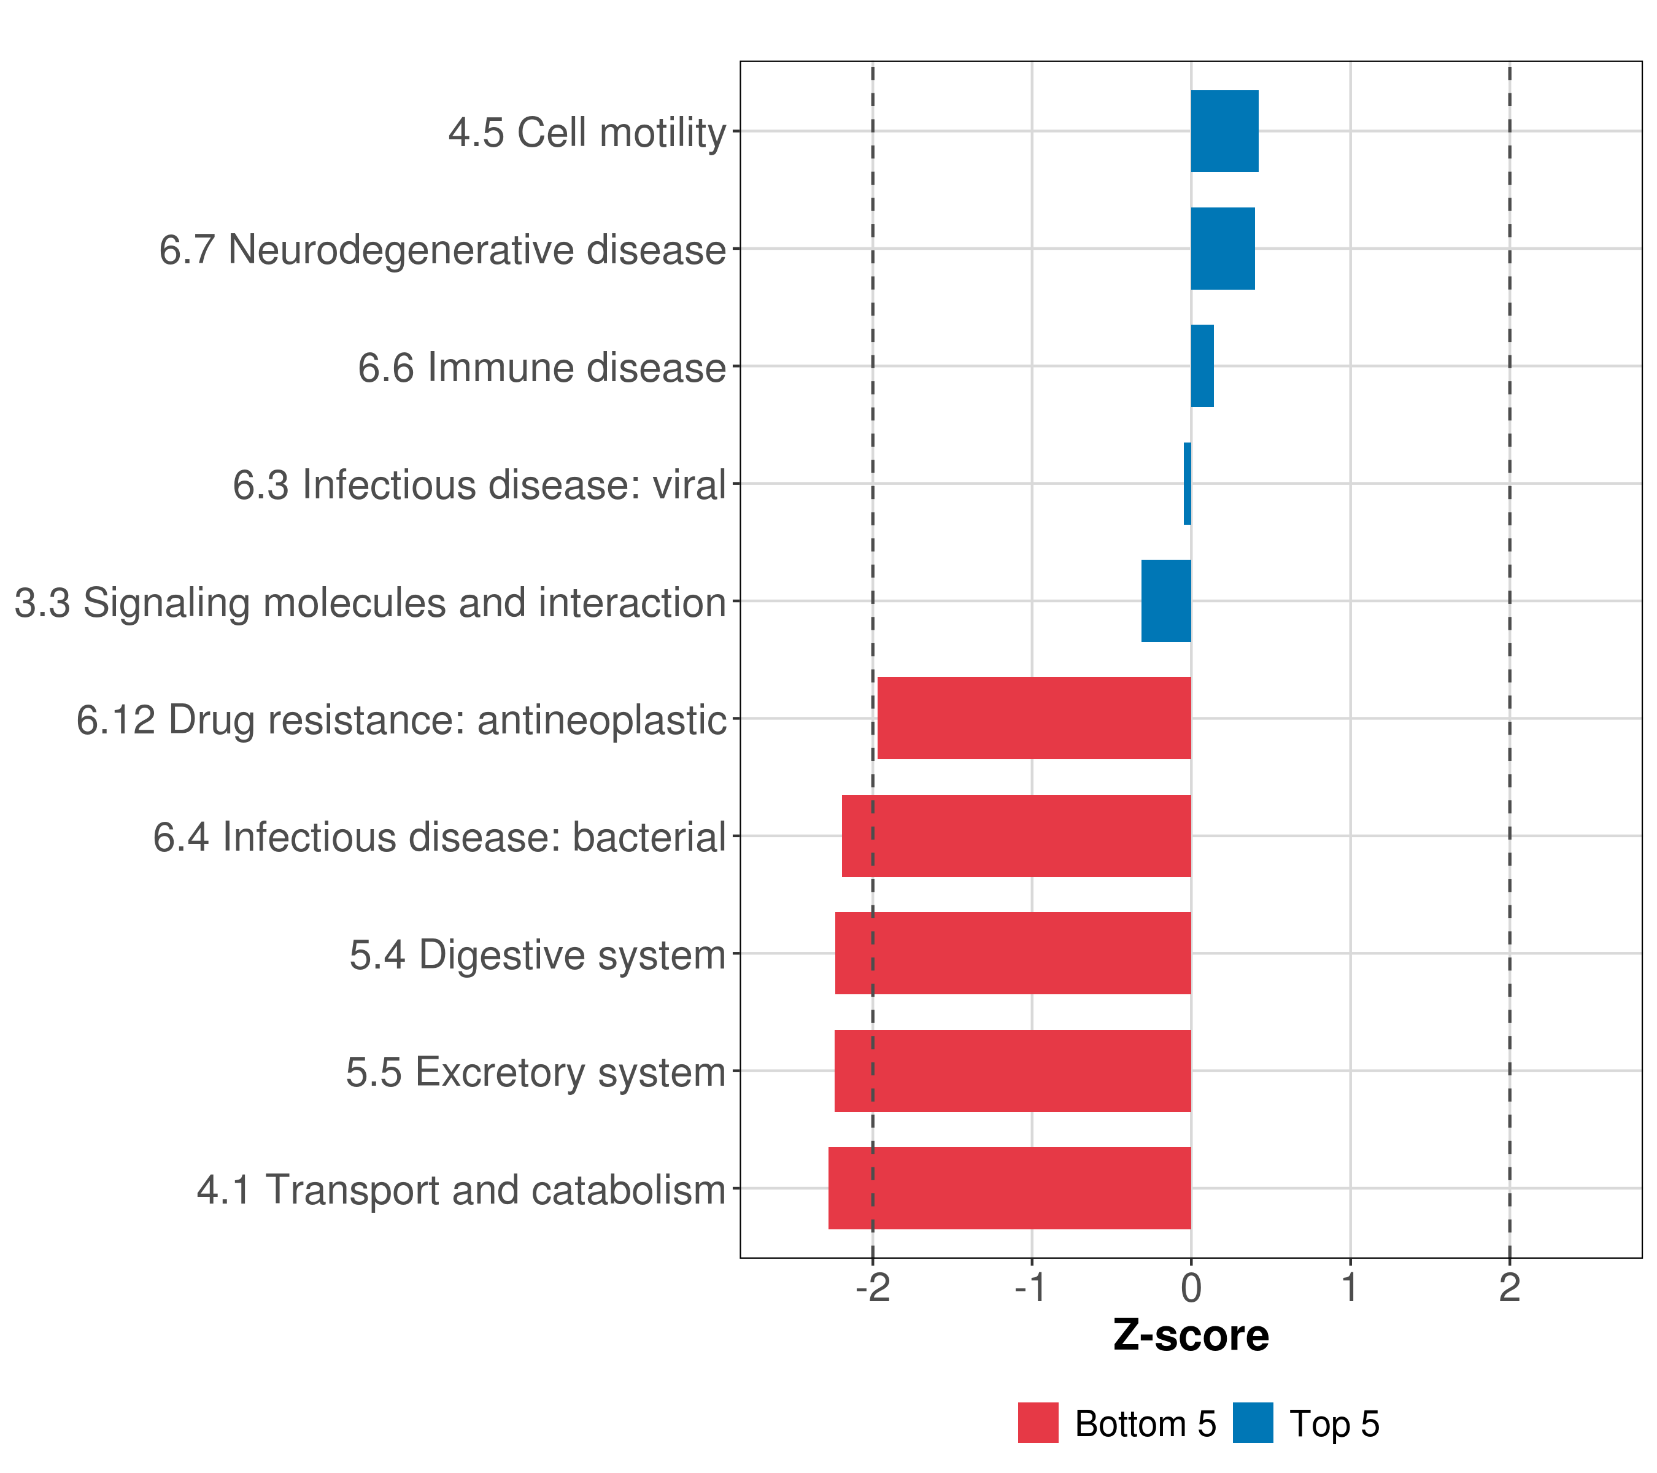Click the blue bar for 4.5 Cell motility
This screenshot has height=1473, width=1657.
pos(1224,131)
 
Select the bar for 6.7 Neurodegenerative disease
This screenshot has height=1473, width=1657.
pos(1222,249)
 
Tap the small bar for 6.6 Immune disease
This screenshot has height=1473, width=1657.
pos(1202,366)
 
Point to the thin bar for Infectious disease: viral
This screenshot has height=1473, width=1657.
pos(1188,484)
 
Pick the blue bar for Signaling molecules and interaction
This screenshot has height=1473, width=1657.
pos(1167,601)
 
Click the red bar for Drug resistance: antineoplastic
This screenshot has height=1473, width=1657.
pos(1035,718)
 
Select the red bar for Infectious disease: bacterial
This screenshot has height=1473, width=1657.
pos(1016,836)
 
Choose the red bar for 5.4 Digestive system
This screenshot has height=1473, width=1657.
pos(1013,953)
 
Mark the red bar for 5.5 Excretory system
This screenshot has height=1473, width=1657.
pos(1013,1071)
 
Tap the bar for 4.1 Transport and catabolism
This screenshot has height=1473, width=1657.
pos(1010,1188)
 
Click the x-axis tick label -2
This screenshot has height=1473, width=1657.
pos(872,1288)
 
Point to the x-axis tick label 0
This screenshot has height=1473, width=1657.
pos(1191,1288)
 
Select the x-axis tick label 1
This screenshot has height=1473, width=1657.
pos(1350,1288)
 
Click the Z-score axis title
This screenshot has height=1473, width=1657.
pos(1191,1336)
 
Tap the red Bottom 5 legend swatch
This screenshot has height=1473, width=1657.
pos(1038,1423)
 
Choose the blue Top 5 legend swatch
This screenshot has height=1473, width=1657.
pos(1253,1423)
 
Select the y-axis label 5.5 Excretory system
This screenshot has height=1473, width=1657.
pos(535,1072)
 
